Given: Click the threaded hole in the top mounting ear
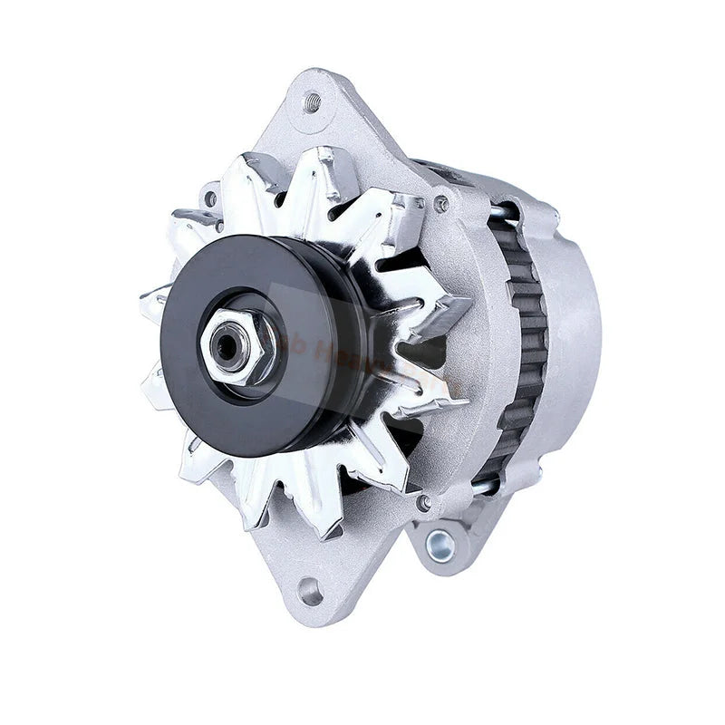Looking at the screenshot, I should coord(313,101).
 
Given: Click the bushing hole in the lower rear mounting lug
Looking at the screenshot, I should coord(440,544).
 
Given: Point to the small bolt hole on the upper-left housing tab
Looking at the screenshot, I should coord(210,198).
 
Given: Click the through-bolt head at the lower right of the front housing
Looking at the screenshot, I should coord(423,501).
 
